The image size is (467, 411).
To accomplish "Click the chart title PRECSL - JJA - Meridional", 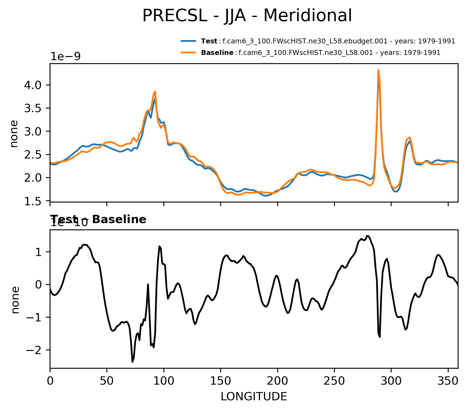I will [247, 16].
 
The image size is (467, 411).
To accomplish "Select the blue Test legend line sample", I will [188, 41].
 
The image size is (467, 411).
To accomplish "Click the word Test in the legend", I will [209, 41].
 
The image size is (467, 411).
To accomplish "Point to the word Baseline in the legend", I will [217, 52].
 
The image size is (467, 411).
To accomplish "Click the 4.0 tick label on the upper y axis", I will [33, 85].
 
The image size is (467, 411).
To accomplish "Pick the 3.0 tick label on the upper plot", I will [33, 132].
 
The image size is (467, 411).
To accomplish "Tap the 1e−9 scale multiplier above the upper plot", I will [65, 56].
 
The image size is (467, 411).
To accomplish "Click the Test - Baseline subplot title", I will [98, 220].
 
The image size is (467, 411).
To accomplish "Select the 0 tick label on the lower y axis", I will [39, 285].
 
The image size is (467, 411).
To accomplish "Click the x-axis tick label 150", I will [220, 381].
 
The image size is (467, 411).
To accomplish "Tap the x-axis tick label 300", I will [391, 381].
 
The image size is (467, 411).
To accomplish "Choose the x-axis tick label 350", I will [448, 381].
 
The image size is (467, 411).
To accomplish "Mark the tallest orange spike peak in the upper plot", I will [378, 70].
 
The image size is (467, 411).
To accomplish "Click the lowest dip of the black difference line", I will [132, 362].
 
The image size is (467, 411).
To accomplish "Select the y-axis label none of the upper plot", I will [14, 134].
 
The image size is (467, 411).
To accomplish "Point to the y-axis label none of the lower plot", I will [15, 300].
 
